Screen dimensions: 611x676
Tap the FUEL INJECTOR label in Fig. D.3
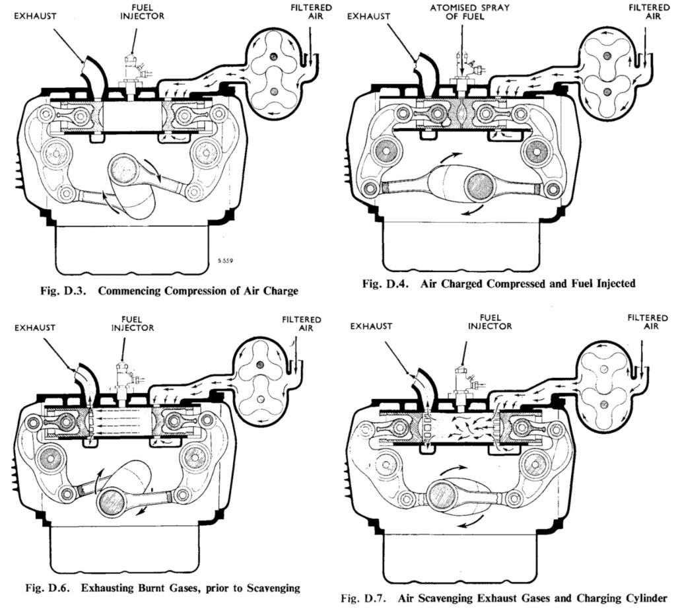pos(134,12)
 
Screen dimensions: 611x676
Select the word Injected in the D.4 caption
pos(611,284)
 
